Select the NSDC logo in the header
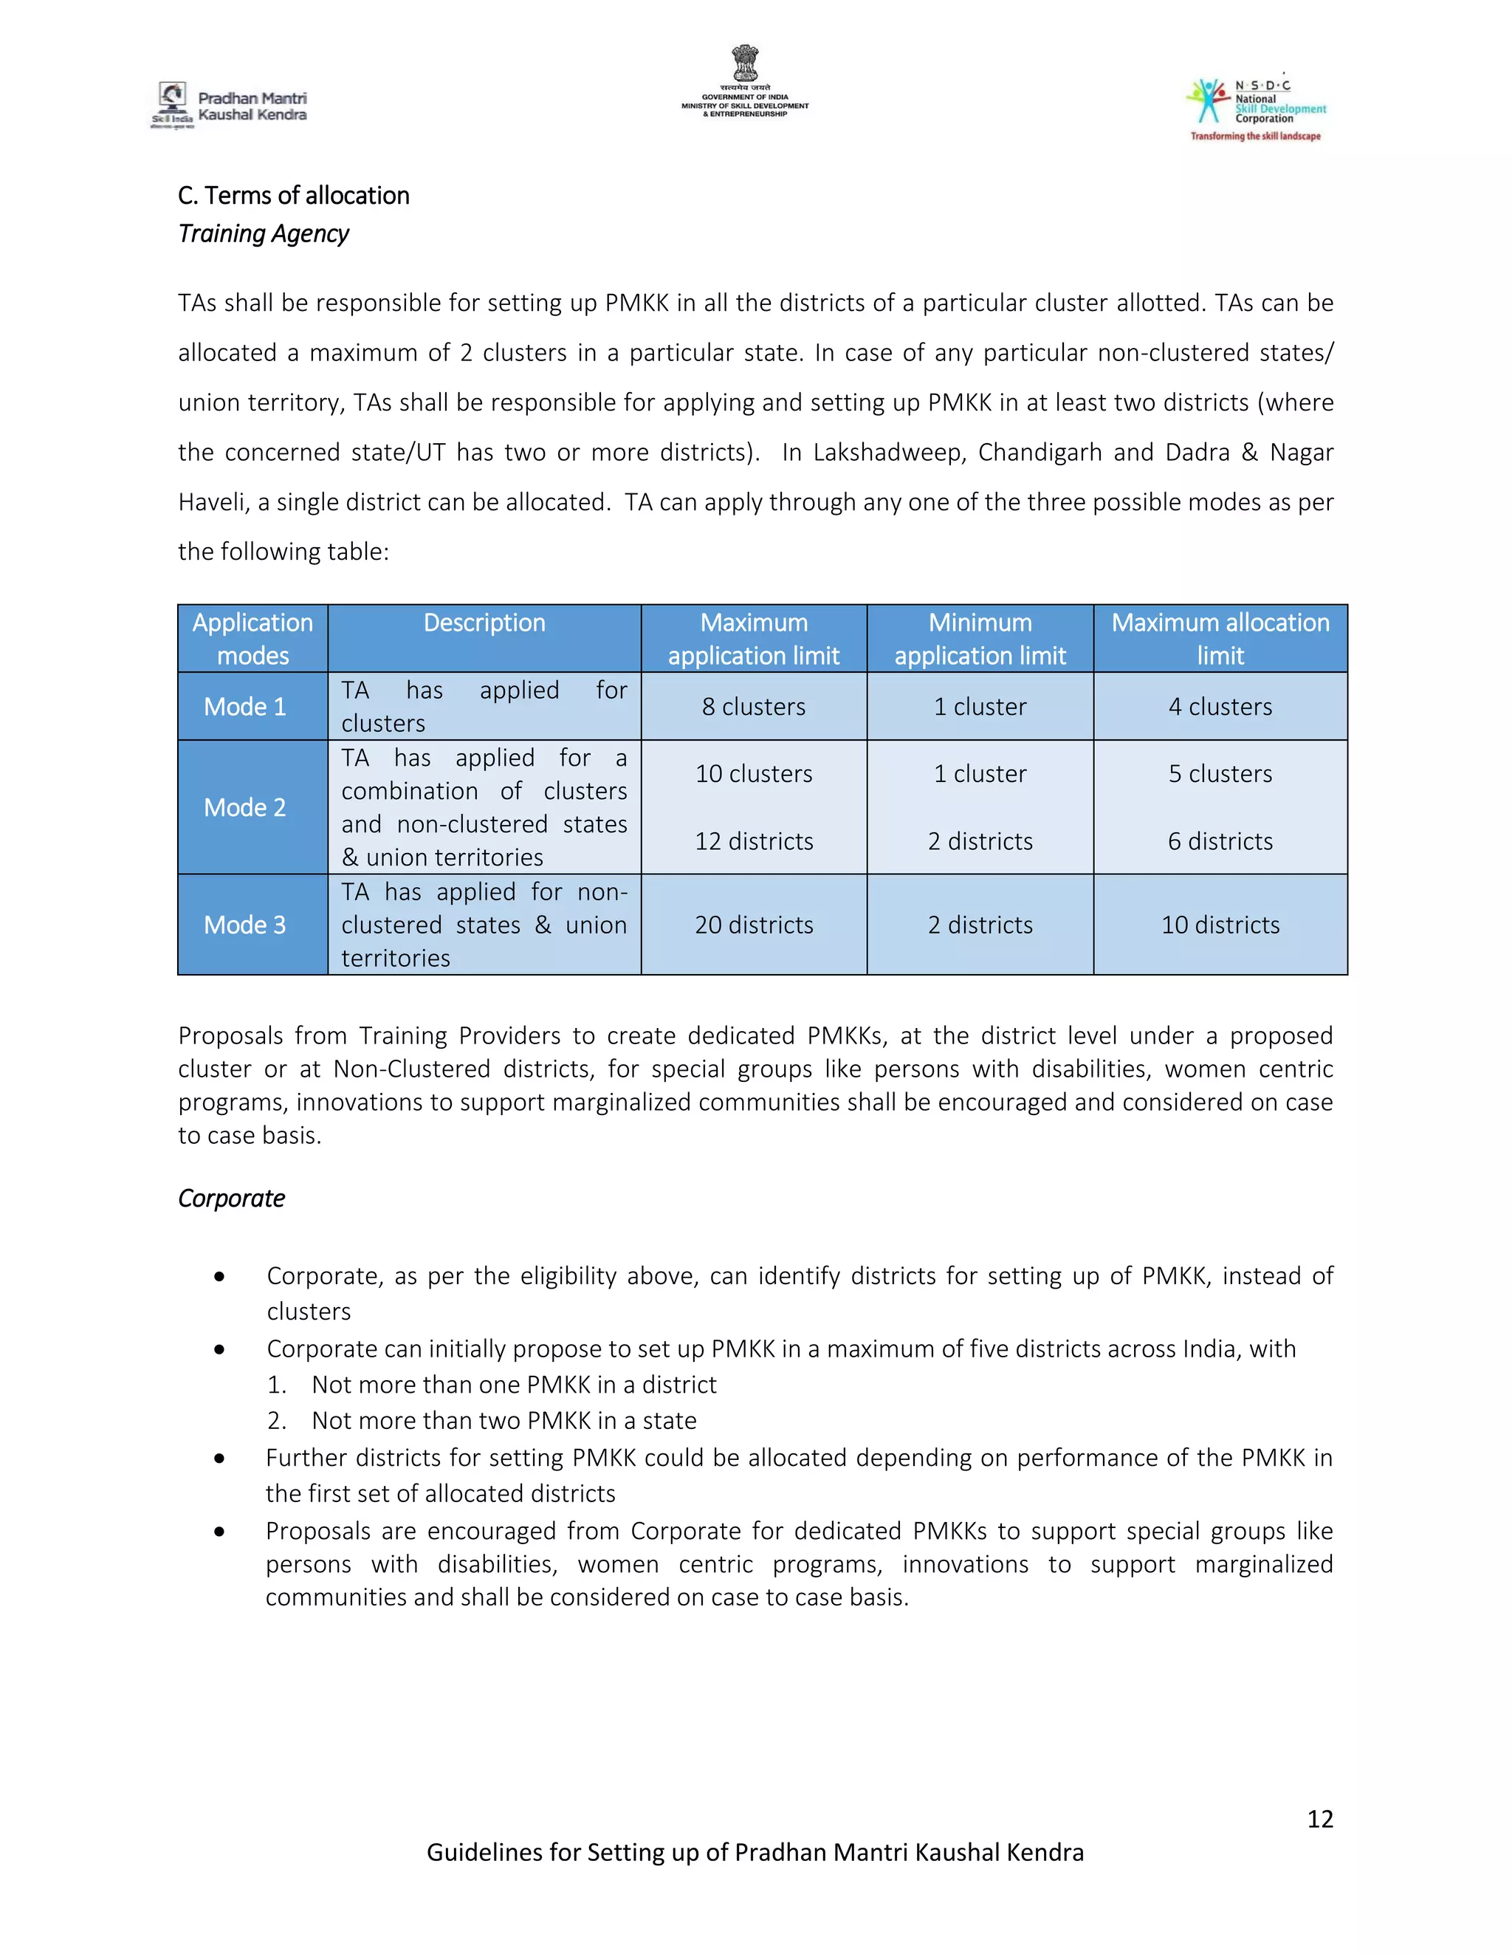(x=1256, y=108)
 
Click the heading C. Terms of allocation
(x=293, y=196)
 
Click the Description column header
(x=484, y=623)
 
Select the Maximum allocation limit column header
(x=1219, y=638)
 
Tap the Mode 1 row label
(x=244, y=706)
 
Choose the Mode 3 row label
(x=244, y=925)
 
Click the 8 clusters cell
(x=753, y=706)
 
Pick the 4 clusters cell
(x=1219, y=706)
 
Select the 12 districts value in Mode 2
(x=753, y=841)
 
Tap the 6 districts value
(x=1219, y=841)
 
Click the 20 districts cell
(x=753, y=925)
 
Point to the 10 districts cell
(x=1219, y=925)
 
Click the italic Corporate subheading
(x=231, y=1198)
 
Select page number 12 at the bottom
(x=1319, y=1818)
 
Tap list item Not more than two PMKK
(x=504, y=1420)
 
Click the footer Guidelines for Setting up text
(x=755, y=1852)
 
